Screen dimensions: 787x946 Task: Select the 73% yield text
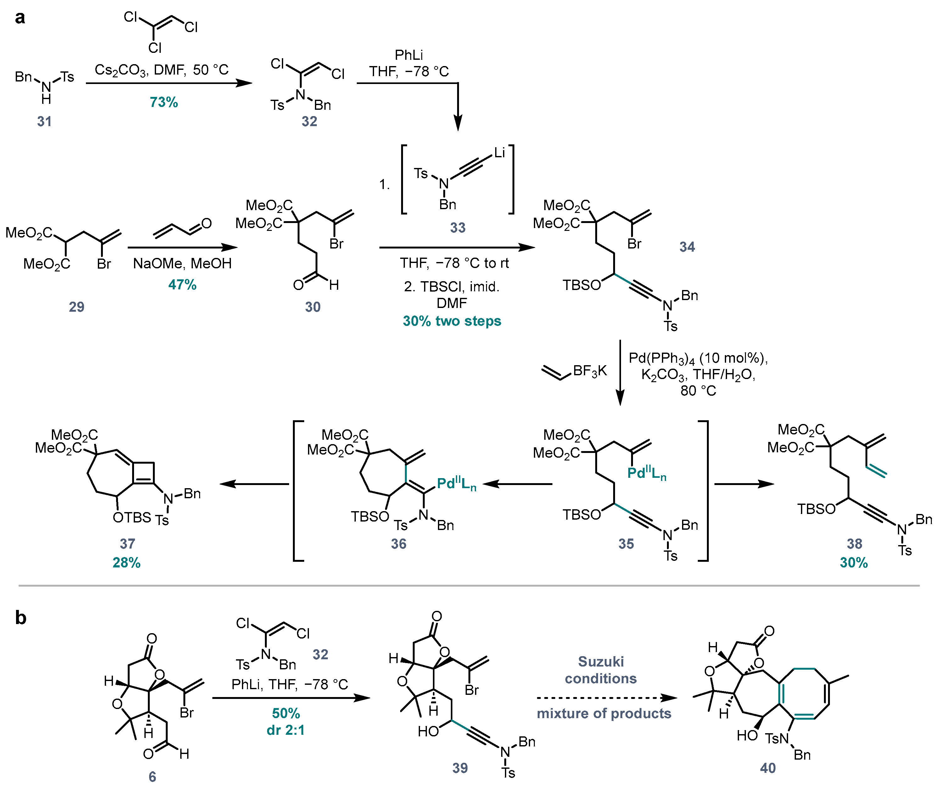point(164,102)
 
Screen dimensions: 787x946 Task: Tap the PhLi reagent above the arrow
point(409,55)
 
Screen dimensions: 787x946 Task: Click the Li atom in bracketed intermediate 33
point(499,153)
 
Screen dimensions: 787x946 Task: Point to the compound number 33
point(458,227)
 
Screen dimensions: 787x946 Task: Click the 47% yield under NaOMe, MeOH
point(182,284)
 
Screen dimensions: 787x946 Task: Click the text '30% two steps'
point(452,321)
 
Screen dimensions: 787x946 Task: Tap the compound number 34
point(687,247)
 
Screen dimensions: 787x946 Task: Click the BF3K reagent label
point(590,371)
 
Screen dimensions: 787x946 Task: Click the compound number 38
point(854,544)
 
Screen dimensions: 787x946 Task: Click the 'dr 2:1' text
point(286,730)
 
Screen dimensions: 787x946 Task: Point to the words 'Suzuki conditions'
point(601,670)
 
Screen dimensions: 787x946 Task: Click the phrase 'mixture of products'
point(604,714)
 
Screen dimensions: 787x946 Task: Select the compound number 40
point(768,768)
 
